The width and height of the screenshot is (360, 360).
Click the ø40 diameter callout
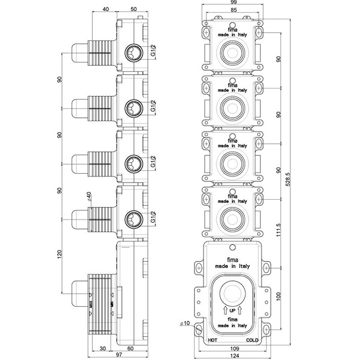pos(89,196)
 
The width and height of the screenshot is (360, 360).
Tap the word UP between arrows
pos(232,312)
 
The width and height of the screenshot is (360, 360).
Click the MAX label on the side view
pos(90,305)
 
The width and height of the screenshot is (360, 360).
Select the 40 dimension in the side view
pos(106,9)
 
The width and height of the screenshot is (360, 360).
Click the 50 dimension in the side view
pos(134,9)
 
